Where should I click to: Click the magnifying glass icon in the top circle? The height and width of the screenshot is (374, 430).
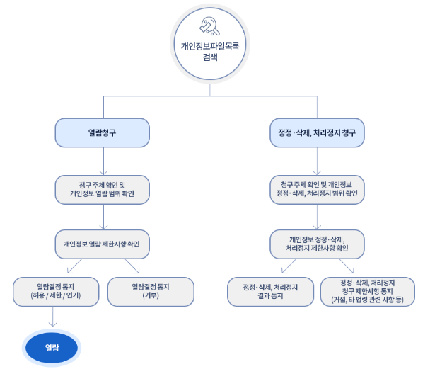pyautogui.click(x=210, y=26)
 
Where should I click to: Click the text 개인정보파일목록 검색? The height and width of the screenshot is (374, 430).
pyautogui.click(x=210, y=51)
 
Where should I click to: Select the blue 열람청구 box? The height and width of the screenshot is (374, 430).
pyautogui.click(x=103, y=132)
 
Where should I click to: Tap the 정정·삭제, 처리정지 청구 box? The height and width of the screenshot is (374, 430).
pyautogui.click(x=317, y=132)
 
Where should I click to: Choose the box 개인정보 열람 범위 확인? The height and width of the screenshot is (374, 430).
pyautogui.click(x=103, y=190)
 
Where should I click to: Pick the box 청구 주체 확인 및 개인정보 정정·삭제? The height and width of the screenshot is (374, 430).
pyautogui.click(x=317, y=190)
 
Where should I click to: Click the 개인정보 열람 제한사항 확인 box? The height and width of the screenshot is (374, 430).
pyautogui.click(x=103, y=244)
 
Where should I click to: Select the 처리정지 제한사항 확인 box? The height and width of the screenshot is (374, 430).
pyautogui.click(x=317, y=244)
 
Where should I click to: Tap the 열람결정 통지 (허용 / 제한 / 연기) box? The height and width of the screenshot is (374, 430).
pyautogui.click(x=56, y=292)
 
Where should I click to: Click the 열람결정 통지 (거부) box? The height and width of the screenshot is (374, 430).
pyautogui.click(x=151, y=292)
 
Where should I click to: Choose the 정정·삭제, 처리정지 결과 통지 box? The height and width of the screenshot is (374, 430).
pyautogui.click(x=270, y=292)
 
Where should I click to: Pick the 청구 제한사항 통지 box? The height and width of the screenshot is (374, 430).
pyautogui.click(x=368, y=292)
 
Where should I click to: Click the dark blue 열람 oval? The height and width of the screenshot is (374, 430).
pyautogui.click(x=52, y=348)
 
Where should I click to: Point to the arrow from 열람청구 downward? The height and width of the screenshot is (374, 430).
pyautogui.click(x=103, y=161)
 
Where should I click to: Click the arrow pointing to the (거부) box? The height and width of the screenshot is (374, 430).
pyautogui.click(x=132, y=266)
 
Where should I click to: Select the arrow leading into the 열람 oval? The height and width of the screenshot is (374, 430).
pyautogui.click(x=52, y=317)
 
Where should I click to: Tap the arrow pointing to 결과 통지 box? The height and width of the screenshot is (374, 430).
pyautogui.click(x=289, y=266)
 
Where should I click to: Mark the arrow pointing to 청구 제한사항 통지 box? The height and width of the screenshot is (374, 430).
pyautogui.click(x=347, y=266)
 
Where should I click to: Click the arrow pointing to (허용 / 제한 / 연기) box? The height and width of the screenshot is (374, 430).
pyautogui.click(x=74, y=266)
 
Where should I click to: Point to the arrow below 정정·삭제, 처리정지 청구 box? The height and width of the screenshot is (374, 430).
pyautogui.click(x=317, y=161)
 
